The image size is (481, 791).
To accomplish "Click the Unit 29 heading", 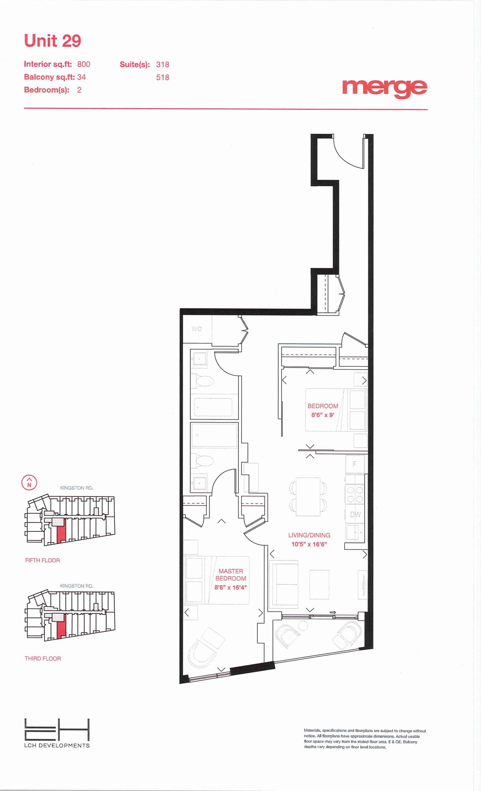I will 52,41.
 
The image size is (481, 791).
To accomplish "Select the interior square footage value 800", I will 84,64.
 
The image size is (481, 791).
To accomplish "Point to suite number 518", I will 163,77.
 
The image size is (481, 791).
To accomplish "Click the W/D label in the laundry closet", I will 197,329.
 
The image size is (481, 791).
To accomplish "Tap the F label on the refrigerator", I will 355,464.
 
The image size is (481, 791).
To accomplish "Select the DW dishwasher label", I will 355,514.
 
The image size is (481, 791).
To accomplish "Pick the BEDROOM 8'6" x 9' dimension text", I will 323,415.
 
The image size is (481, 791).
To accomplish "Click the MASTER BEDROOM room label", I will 231,575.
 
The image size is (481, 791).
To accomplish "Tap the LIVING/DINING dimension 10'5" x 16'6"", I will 309,544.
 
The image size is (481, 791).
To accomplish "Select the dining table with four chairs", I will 308,497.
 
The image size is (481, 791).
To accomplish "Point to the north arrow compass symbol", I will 29,483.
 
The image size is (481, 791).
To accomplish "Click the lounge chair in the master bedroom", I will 206,649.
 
